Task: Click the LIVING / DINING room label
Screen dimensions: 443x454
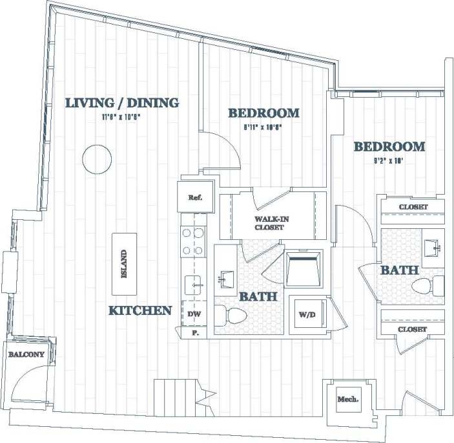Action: (123, 103)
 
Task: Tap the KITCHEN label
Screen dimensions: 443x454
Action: (140, 310)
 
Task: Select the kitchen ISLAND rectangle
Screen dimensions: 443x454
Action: (124, 264)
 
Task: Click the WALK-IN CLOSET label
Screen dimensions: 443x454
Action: (271, 223)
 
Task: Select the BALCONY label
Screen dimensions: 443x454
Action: (26, 354)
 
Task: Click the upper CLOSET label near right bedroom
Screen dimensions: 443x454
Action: (413, 208)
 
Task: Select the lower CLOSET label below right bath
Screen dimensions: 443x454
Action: (413, 329)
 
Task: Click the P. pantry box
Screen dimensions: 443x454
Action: (194, 332)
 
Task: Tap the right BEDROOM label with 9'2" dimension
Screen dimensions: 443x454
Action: (389, 147)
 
